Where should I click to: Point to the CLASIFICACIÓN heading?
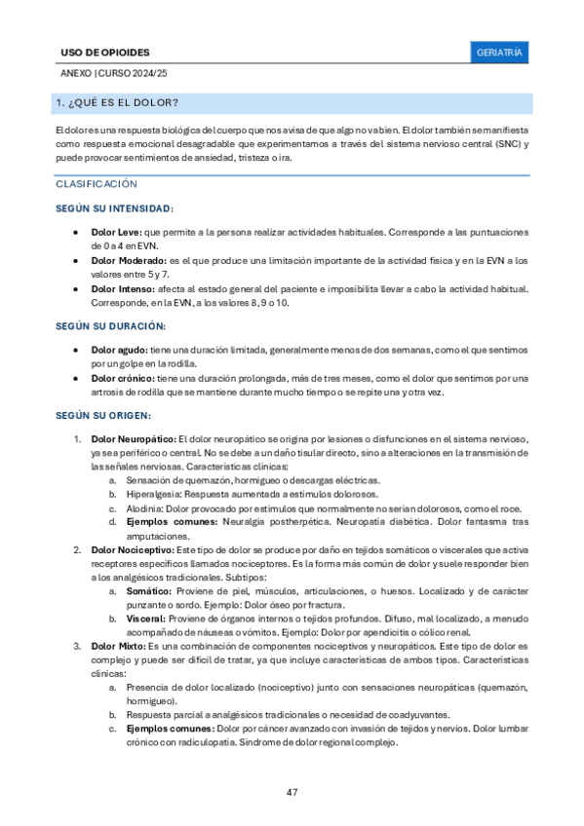(97, 183)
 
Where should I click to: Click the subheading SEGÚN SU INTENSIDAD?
(115, 208)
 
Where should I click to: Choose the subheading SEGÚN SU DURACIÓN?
(110, 326)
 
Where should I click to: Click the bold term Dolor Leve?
(116, 233)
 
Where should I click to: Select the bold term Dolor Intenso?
(122, 289)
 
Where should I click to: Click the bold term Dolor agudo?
(120, 349)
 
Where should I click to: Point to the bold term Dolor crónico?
(122, 378)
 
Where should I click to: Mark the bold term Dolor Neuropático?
(134, 438)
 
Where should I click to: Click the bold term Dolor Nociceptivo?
(132, 550)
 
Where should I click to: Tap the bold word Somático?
(146, 591)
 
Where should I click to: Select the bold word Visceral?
(145, 619)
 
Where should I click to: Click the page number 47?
(292, 791)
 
